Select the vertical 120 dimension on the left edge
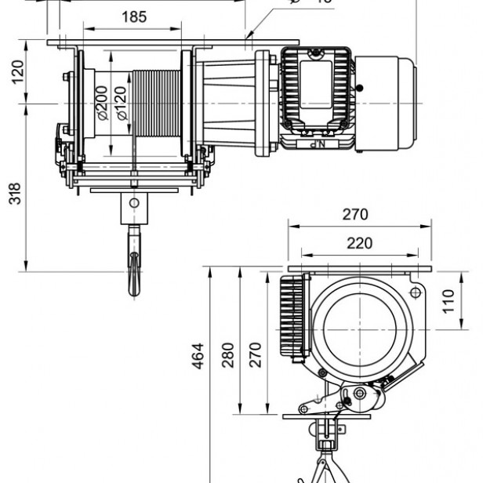pos(16,74)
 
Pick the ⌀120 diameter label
pos(121,102)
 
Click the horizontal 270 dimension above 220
pos(355,214)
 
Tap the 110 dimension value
pos(447,301)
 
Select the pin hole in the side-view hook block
pos(133,202)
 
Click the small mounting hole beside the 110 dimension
pos(415,293)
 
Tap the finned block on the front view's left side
pos(292,321)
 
